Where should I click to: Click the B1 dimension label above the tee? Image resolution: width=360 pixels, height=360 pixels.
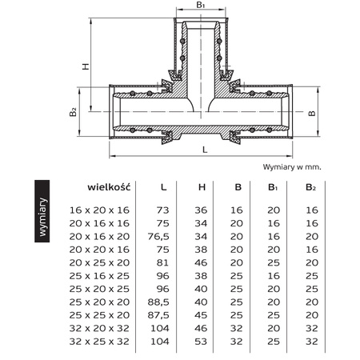pos(202,6)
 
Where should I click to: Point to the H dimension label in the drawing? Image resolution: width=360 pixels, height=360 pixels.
pos(86,67)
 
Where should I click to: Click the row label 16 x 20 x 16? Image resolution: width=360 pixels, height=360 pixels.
pos(100,209)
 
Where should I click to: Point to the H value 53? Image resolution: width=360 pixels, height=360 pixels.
pos(202,342)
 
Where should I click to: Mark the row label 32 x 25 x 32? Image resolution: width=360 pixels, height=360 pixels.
pos(100,342)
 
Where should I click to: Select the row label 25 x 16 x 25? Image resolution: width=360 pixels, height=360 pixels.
pos(100,276)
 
